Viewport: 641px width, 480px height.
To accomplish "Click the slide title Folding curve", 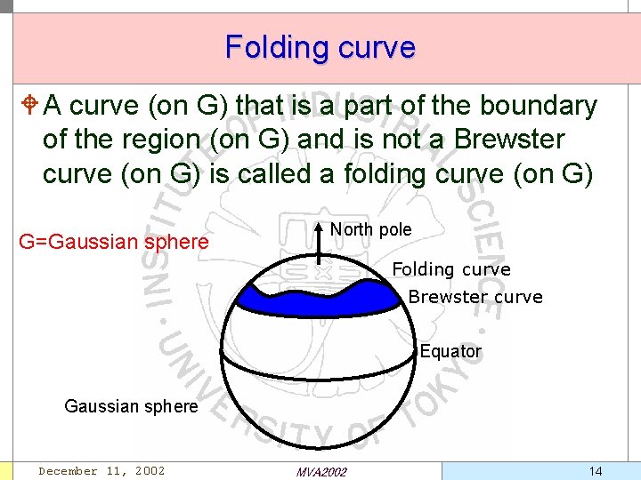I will click(x=320, y=46).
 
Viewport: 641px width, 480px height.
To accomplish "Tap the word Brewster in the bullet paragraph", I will click(x=509, y=140).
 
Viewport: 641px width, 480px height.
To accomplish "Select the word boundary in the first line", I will click(x=539, y=106).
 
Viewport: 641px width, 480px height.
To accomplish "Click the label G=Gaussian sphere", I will click(x=113, y=242).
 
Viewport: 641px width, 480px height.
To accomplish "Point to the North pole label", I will click(x=370, y=229).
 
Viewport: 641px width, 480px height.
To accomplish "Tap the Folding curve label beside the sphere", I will click(x=451, y=269).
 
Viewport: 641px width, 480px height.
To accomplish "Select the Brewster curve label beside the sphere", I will click(x=475, y=297).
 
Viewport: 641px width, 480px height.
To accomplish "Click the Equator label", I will click(x=450, y=351).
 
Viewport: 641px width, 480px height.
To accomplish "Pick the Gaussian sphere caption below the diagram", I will click(x=131, y=406).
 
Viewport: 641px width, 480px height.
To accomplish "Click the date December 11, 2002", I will click(x=101, y=471).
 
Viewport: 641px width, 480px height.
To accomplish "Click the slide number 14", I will click(x=596, y=470).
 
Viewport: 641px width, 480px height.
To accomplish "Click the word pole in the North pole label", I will click(x=394, y=229).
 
